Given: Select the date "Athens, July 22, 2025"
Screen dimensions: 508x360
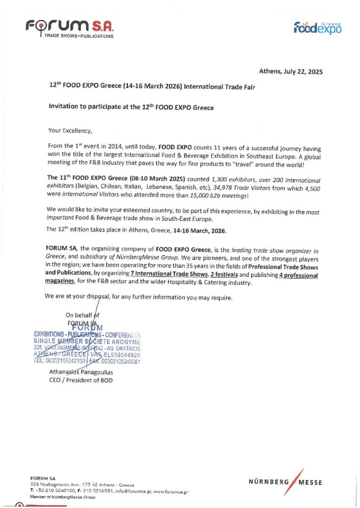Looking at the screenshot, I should coord(291,71).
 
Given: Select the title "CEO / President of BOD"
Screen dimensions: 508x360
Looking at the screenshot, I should coord(81,380).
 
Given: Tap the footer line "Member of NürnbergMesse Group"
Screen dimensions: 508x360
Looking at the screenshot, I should coord(63,497).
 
